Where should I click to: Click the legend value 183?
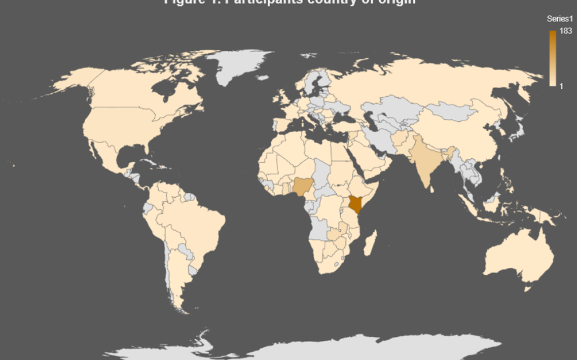point(566,31)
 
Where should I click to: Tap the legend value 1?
point(561,87)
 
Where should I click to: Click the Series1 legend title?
point(560,19)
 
